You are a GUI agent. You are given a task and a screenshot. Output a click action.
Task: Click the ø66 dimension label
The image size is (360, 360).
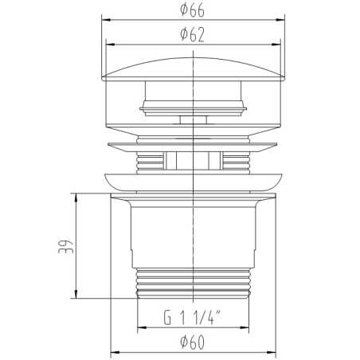(x=192, y=10)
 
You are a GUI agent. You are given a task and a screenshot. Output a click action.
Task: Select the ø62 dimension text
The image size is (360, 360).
(x=192, y=35)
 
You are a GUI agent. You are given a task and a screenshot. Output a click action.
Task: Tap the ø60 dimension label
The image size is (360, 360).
(x=192, y=342)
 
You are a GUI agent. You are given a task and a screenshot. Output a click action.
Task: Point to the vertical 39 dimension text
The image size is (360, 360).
(x=65, y=247)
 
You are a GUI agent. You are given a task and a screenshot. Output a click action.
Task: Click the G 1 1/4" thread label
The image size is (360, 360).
(x=192, y=317)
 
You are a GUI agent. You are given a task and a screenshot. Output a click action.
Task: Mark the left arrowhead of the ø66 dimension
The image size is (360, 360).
(x=106, y=20)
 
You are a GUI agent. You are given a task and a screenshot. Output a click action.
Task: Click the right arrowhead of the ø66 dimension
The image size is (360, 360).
(x=280, y=20)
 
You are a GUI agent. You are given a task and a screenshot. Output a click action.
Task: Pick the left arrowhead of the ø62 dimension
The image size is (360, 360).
(x=111, y=45)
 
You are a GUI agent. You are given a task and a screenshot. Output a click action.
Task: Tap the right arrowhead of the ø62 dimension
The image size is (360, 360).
(x=276, y=45)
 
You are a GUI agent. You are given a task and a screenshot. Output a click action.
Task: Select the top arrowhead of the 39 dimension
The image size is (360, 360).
(x=76, y=198)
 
